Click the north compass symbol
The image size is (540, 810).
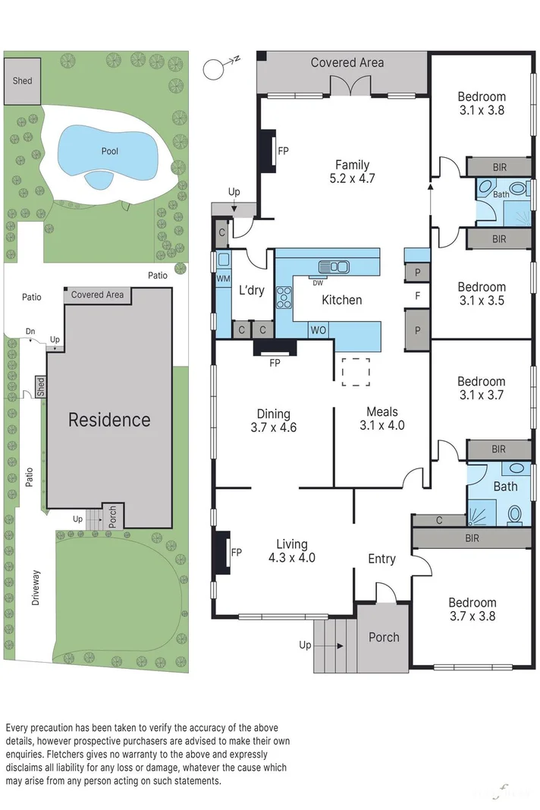click(x=217, y=69)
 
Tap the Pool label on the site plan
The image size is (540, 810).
click(x=110, y=151)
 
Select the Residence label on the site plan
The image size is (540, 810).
click(x=109, y=420)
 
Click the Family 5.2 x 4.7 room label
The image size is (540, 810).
click(x=353, y=172)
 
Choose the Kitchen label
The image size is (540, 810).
click(x=341, y=300)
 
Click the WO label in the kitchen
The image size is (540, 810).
click(x=319, y=330)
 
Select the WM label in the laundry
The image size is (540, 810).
click(x=223, y=280)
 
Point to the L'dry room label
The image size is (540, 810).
click(x=251, y=290)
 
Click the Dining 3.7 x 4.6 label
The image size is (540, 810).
click(x=273, y=421)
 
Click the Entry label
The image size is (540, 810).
click(x=381, y=559)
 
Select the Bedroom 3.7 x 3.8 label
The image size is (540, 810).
click(x=472, y=610)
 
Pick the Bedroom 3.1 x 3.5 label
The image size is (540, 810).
click(x=481, y=294)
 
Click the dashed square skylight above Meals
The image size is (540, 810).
click(x=355, y=372)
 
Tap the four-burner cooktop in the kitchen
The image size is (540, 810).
click(x=284, y=296)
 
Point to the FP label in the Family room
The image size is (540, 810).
click(x=283, y=152)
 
